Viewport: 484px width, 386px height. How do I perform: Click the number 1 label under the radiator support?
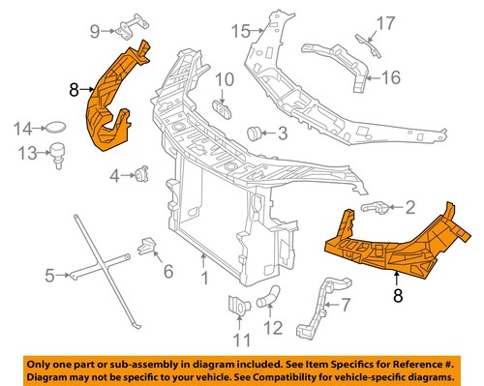click(204, 280)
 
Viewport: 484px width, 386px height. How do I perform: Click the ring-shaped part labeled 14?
click(58, 127)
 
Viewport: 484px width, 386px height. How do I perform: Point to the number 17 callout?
click(385, 21)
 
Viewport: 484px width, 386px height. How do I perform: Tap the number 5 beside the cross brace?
click(50, 277)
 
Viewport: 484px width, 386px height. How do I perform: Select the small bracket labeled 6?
click(147, 248)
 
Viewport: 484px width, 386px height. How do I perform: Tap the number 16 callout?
click(390, 78)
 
